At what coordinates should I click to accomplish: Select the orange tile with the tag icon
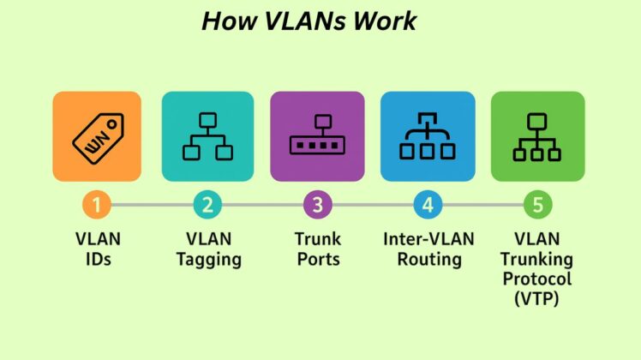(97, 138)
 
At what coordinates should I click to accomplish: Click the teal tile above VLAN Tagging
(207, 138)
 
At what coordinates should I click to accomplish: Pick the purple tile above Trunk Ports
(317, 138)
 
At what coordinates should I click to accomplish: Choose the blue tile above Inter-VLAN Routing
(428, 138)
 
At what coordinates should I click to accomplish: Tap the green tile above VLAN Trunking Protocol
(537, 138)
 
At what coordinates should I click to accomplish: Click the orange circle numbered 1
(97, 206)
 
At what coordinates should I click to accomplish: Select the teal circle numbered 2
(207, 206)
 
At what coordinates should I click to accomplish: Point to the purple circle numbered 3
(317, 206)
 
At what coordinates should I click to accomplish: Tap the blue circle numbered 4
(428, 206)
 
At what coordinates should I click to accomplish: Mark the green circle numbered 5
(537, 206)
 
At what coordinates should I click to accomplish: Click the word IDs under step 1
(97, 259)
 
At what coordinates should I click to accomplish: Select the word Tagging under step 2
(207, 259)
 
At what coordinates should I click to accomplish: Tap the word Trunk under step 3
(317, 239)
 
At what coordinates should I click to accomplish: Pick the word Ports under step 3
(317, 259)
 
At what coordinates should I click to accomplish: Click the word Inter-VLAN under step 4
(428, 239)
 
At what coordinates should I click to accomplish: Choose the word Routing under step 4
(428, 259)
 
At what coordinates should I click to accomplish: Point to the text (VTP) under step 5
(537, 298)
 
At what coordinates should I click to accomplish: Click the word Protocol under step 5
(537, 279)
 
